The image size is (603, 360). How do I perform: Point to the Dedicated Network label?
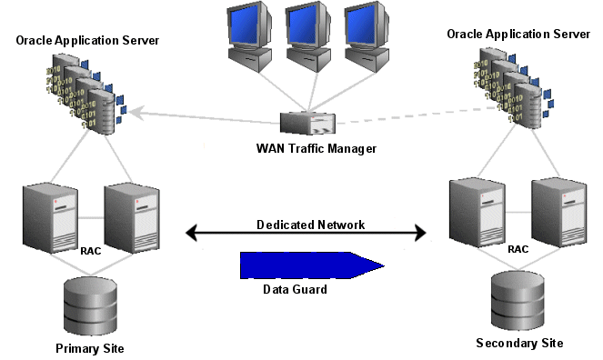click(304, 225)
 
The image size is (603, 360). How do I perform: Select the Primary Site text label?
click(90, 349)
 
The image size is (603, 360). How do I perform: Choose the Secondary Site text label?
click(519, 343)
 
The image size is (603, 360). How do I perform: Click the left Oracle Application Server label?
click(87, 40)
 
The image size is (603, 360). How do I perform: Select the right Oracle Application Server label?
click(519, 33)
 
